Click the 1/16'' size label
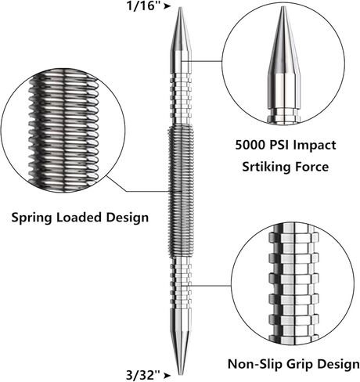[x=143, y=5]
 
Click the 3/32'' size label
[x=142, y=376]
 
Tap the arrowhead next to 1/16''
[x=167, y=6]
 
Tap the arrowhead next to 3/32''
[x=167, y=376]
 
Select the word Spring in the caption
[x=31, y=218]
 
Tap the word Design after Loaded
[x=127, y=218]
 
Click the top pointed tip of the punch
[x=180, y=8]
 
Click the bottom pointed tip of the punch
[x=180, y=375]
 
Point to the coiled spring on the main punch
[x=181, y=191]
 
